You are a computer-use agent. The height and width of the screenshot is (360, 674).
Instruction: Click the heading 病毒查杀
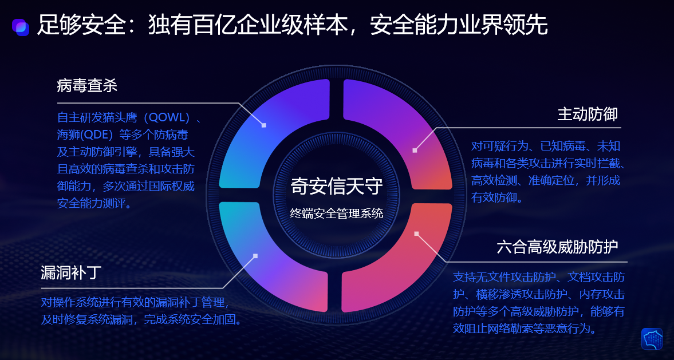[87, 85]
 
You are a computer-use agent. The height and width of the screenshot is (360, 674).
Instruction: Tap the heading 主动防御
[588, 114]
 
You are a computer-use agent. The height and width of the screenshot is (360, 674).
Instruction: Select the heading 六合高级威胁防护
[557, 247]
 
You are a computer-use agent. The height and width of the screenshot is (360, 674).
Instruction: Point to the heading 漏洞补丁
[72, 272]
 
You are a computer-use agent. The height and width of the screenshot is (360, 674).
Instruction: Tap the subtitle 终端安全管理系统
[337, 213]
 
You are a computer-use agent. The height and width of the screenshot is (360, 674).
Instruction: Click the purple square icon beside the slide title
[20, 27]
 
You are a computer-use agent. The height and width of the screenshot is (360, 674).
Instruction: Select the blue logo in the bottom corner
[652, 338]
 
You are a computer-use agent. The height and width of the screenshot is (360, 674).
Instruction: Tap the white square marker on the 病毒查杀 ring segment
[264, 125]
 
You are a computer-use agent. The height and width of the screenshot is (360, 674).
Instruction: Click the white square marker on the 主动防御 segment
[415, 151]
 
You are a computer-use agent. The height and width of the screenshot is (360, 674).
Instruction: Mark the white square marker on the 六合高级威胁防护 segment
[416, 234]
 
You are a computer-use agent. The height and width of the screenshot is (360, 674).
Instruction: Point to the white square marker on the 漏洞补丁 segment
[255, 256]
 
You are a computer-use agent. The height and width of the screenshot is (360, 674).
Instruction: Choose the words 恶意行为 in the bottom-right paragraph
[566, 329]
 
